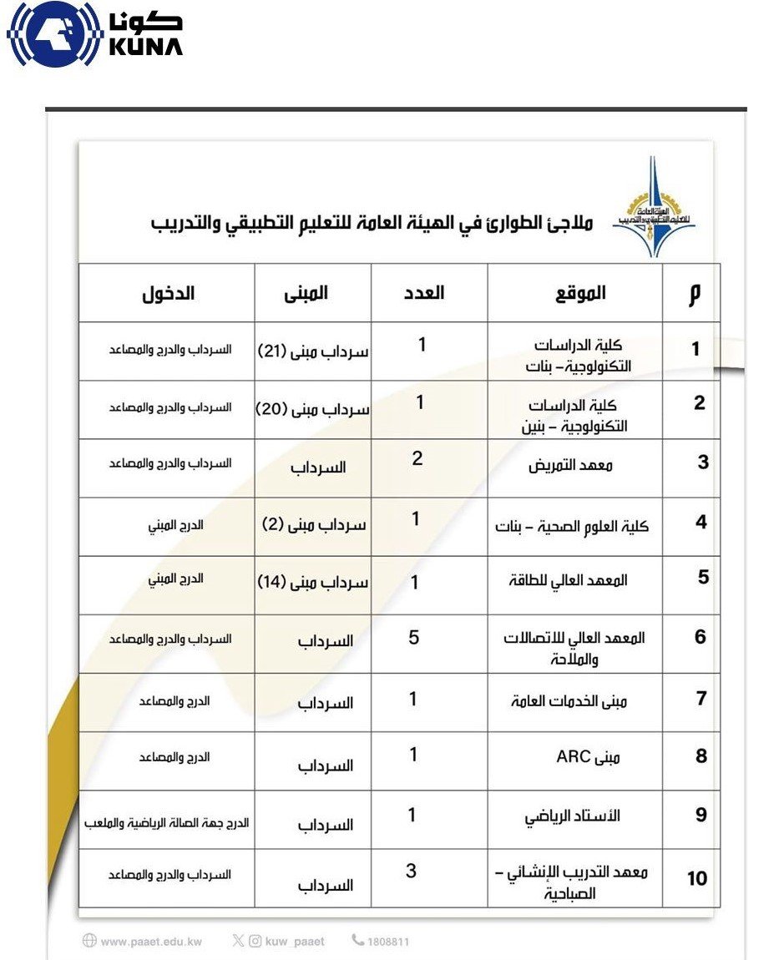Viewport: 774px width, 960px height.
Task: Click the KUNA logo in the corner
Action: point(94,35)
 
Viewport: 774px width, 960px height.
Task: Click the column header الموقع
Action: point(580,292)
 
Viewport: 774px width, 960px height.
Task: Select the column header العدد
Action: point(424,292)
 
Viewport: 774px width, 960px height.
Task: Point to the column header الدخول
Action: point(168,293)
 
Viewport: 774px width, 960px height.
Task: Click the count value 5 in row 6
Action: point(413,639)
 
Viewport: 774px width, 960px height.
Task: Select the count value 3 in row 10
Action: point(411,872)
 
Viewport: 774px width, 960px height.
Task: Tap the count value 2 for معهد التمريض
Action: point(417,458)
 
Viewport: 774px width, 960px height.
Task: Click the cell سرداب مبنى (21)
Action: point(313,351)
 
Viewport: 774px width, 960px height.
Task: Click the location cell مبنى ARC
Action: point(588,758)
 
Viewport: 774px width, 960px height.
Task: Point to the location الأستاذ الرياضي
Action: point(573,816)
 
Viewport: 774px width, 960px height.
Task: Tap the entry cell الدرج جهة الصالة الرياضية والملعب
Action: point(167,823)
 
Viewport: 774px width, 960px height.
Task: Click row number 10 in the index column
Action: point(697,878)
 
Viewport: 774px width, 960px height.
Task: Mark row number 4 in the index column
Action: point(701,523)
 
